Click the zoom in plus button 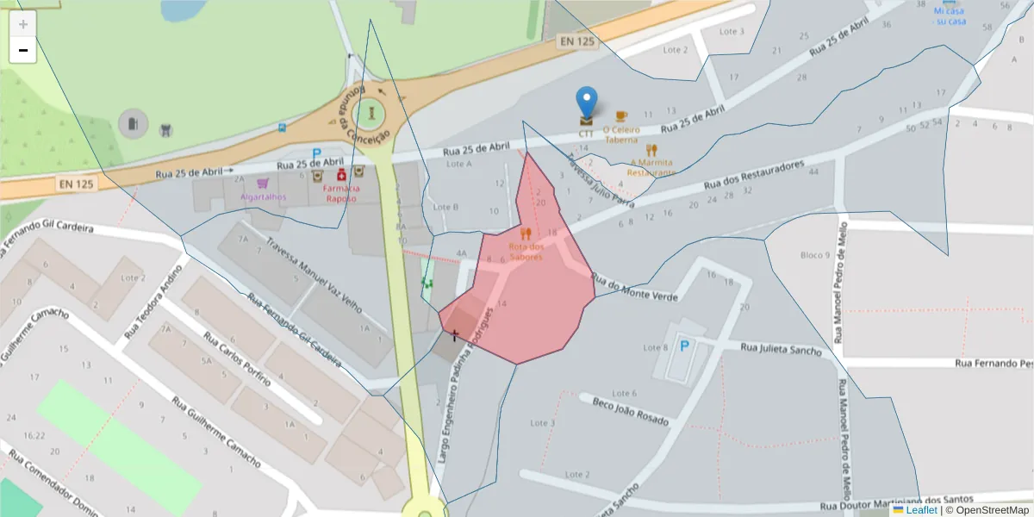[x=23, y=24]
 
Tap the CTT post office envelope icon [x=586, y=121]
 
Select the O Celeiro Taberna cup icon [x=621, y=115]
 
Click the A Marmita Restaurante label [x=651, y=167]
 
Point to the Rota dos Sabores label [x=526, y=252]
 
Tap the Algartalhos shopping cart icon [x=262, y=183]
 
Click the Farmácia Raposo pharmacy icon [x=341, y=175]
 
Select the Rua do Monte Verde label [x=634, y=288]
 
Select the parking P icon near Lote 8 [x=685, y=346]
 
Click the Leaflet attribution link [x=920, y=510]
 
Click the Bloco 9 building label [x=815, y=255]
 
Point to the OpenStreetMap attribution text [x=991, y=510]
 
